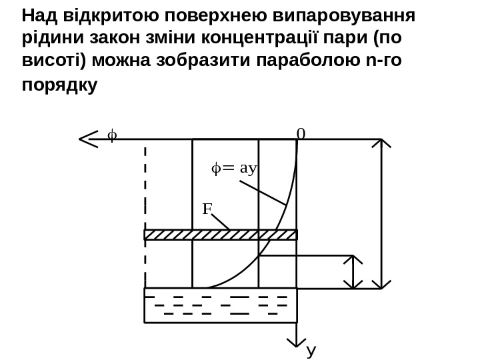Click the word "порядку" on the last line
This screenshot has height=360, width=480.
tap(59, 86)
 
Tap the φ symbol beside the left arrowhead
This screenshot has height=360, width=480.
tap(111, 137)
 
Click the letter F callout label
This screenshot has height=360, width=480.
tap(207, 209)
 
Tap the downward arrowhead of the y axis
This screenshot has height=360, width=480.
tap(296, 342)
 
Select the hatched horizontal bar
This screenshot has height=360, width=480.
tap(221, 234)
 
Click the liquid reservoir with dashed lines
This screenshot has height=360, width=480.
tap(221, 305)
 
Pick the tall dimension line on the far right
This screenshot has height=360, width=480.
tap(381, 213)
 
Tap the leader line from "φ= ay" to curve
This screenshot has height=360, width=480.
tap(263, 191)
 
